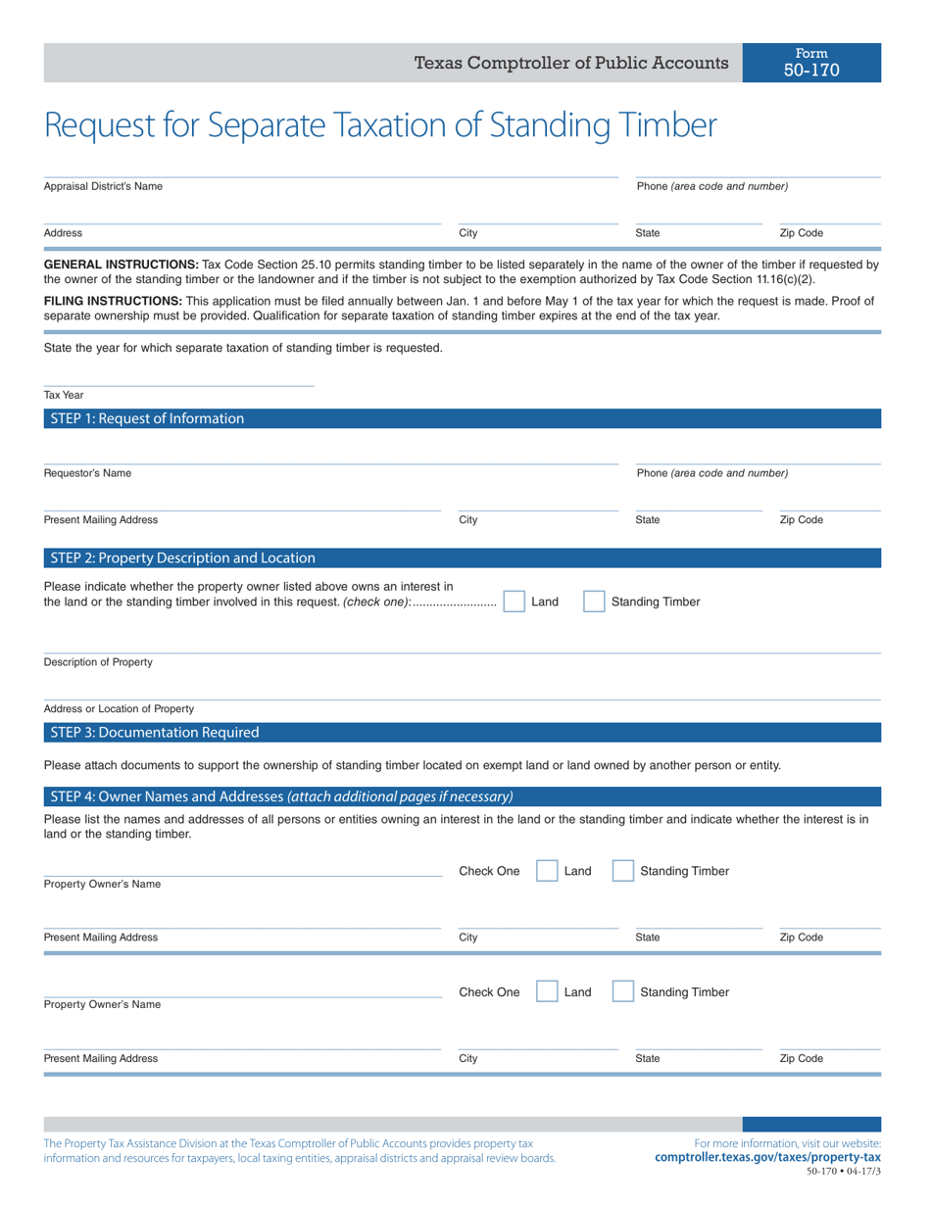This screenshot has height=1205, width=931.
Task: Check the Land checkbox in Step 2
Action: tap(514, 602)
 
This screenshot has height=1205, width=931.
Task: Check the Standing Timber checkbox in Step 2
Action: tap(594, 602)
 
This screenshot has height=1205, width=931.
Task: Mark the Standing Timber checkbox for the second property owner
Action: tap(623, 992)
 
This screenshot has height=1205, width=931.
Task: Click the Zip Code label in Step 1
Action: tap(801, 520)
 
